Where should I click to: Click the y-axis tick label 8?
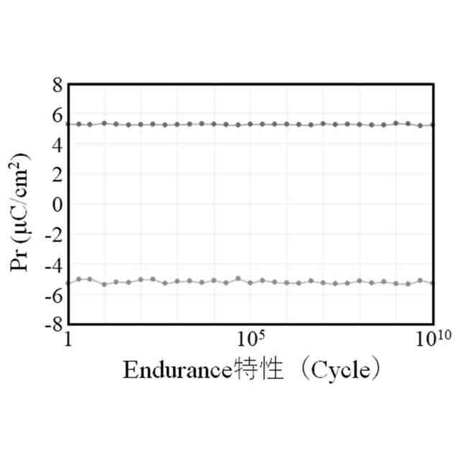tap(57, 85)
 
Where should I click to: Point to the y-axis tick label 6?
tap(57, 115)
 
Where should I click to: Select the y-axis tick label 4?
tap(57, 144)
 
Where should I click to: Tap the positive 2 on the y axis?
tap(57, 175)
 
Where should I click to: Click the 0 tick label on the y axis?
tap(57, 205)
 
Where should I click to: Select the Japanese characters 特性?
tap(255, 370)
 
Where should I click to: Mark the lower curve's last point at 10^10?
tap(432, 283)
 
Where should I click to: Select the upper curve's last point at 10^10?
tap(432, 125)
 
